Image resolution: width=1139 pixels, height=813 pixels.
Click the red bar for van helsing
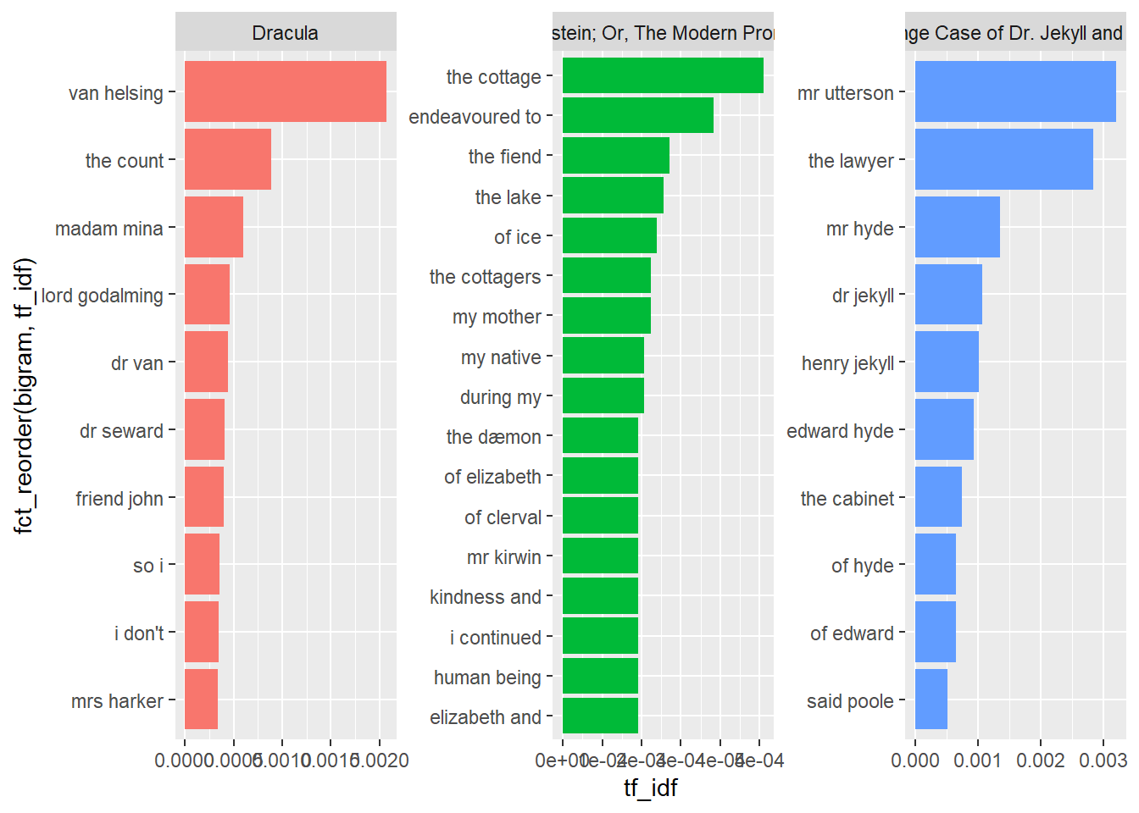tap(285, 91)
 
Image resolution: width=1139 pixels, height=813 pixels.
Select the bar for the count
tap(227, 159)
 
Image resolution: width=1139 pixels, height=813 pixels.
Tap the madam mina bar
tap(214, 227)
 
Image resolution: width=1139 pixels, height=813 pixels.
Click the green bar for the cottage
tap(663, 75)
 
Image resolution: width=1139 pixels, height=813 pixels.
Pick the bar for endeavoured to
tap(637, 115)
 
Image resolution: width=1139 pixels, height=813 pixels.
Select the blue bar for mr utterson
tap(1015, 91)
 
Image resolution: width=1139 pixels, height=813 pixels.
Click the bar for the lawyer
tap(1003, 159)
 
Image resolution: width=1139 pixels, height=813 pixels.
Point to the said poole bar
tap(931, 700)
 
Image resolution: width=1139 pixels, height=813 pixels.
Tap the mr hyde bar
tap(957, 227)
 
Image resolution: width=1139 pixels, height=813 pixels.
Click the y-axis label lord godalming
tap(102, 296)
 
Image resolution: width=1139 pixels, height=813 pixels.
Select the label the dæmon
tap(493, 437)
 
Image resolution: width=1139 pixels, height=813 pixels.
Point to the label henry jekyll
tap(847, 363)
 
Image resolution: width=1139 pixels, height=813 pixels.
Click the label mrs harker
tap(117, 701)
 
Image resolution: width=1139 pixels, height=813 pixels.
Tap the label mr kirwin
tap(503, 557)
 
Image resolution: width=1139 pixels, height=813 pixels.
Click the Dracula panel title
tap(285, 33)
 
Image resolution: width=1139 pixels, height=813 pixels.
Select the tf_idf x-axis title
tap(650, 788)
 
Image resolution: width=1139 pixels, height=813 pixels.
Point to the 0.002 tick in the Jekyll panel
tap(1041, 760)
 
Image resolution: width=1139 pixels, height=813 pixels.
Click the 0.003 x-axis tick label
tap(1103, 760)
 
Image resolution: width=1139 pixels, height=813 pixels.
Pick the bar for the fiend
tap(615, 156)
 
